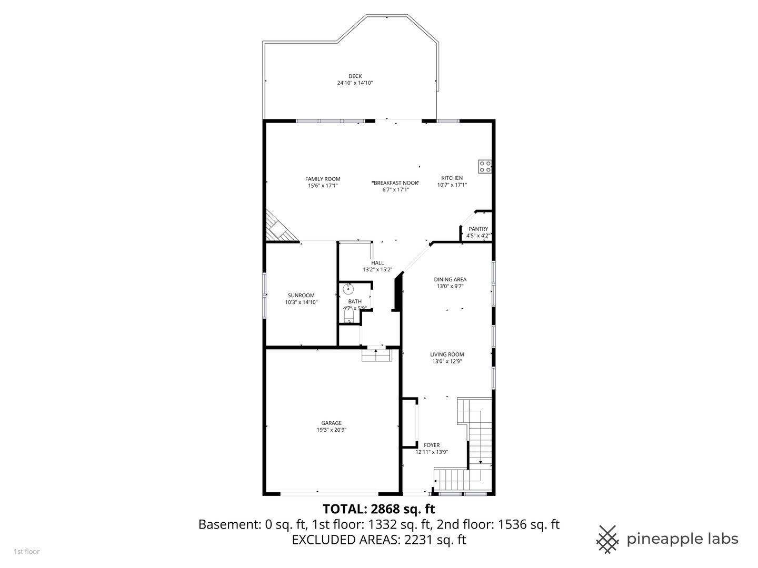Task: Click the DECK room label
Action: point(355,76)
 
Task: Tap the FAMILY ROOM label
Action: point(323,179)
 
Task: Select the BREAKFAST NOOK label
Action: point(396,183)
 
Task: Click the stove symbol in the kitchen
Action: point(485,167)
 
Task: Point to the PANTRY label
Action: point(478,229)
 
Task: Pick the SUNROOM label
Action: point(301,296)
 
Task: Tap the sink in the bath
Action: point(348,289)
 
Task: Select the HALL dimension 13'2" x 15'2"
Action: point(377,269)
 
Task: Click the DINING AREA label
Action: point(450,280)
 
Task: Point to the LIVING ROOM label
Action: point(447,354)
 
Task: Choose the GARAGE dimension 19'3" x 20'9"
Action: point(331,430)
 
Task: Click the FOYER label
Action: point(432,445)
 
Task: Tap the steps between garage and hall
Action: point(376,356)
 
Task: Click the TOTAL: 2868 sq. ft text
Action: point(378,509)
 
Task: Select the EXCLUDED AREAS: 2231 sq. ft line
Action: point(378,540)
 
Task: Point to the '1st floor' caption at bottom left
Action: point(26,552)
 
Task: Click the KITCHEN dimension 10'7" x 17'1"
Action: point(452,185)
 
